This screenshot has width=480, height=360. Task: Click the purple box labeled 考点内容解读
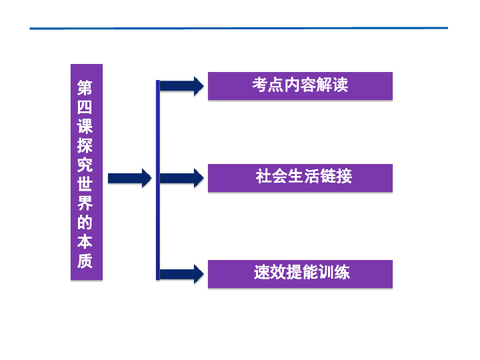(300, 86)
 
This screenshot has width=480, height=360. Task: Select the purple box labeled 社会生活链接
(300, 178)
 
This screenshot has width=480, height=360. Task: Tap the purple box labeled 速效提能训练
(300, 273)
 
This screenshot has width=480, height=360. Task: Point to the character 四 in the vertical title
(85, 107)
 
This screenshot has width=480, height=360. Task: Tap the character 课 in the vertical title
(85, 126)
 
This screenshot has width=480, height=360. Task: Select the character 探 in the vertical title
(85, 145)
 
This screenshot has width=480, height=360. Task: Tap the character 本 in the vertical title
(85, 242)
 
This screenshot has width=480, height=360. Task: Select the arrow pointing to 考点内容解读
(181, 86)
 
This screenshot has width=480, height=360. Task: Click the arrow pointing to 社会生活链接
(181, 178)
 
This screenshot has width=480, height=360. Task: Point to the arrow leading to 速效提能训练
(181, 273)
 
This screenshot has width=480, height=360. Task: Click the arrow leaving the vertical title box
(129, 178)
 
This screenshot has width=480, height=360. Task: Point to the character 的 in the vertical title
(85, 223)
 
